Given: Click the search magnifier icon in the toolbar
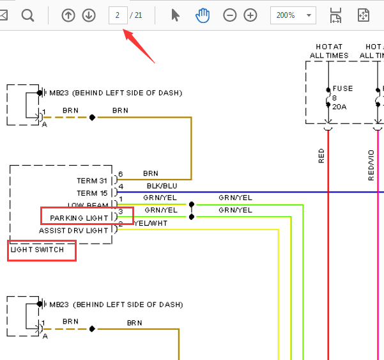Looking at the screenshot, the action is [x=27, y=16].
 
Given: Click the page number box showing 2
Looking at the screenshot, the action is [x=118, y=15].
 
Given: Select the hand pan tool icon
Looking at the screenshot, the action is [x=203, y=15].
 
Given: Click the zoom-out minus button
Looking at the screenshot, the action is [x=230, y=15].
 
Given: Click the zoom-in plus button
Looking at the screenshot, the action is [x=250, y=15].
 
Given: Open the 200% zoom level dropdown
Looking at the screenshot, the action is [x=293, y=15].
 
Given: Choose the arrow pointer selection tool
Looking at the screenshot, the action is [x=175, y=15].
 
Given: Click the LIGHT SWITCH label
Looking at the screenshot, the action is [x=37, y=250].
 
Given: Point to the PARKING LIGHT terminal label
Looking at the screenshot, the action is [x=79, y=218].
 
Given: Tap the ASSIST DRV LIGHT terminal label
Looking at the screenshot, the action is [x=73, y=231].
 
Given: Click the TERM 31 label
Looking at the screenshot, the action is [x=92, y=181].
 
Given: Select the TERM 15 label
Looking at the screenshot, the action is [x=92, y=193].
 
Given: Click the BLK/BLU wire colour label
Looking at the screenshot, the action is [x=162, y=186].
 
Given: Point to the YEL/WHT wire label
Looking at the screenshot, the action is [x=151, y=223].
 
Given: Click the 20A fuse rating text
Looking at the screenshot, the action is [x=339, y=107].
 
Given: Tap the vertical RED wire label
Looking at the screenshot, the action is [x=321, y=155].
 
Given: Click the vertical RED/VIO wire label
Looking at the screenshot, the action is [x=371, y=165].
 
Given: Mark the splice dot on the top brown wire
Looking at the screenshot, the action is [x=92, y=118].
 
